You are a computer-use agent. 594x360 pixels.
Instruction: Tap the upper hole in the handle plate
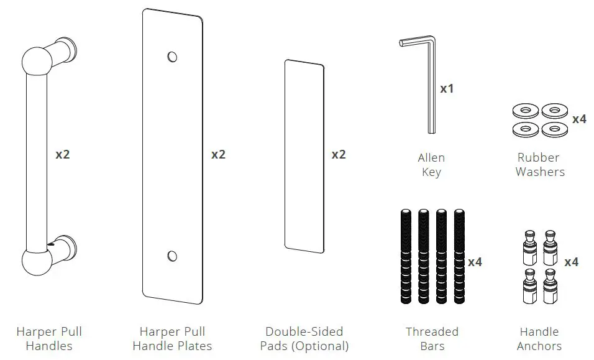click(x=172, y=57)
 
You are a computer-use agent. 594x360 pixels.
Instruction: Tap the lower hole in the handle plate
click(x=172, y=256)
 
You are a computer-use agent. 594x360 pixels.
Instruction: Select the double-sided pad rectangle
click(x=304, y=156)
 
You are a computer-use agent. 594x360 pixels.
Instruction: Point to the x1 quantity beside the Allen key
click(x=447, y=89)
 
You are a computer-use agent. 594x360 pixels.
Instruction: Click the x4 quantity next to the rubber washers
click(x=578, y=119)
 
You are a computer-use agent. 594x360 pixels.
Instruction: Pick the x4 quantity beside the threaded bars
click(x=475, y=262)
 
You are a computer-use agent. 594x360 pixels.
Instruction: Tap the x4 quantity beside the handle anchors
click(x=571, y=262)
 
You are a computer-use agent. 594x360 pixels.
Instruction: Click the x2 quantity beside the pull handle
click(x=63, y=154)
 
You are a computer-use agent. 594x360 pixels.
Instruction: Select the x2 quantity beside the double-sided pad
click(x=338, y=154)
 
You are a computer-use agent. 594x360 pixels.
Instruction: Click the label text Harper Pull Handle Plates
click(x=172, y=339)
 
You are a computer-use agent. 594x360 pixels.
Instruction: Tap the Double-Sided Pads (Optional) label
click(x=304, y=339)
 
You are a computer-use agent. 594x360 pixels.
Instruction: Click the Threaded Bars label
click(x=432, y=339)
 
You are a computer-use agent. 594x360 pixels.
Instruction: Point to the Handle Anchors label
click(x=540, y=339)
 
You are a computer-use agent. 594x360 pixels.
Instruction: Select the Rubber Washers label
click(x=539, y=165)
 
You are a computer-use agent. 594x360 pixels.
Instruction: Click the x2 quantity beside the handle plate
click(x=218, y=154)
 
